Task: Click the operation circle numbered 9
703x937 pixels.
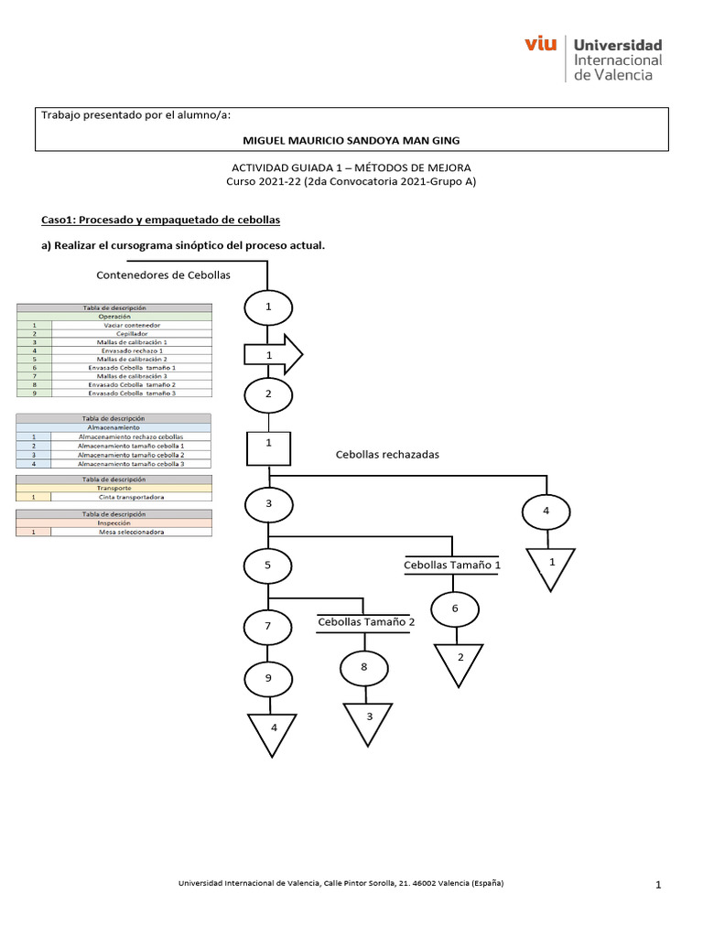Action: [268, 680]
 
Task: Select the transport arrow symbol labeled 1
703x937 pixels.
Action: [272, 354]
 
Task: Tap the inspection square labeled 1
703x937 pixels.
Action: [268, 448]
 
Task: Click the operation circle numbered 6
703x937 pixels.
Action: [455, 609]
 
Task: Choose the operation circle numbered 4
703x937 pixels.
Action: [546, 511]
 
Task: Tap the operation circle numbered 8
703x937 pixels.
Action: [363, 668]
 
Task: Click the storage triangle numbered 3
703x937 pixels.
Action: [369, 720]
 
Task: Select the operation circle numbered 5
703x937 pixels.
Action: [268, 565]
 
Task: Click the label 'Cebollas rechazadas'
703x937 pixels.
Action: [388, 454]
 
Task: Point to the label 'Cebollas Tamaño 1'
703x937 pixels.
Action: [452, 565]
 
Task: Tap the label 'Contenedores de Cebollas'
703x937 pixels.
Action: [163, 275]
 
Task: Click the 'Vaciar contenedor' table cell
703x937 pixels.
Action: [131, 325]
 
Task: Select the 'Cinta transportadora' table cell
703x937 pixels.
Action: [131, 497]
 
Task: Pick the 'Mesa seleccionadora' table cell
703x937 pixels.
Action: [131, 532]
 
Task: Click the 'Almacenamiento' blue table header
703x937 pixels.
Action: [114, 427]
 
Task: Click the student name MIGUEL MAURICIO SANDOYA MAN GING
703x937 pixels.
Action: [351, 140]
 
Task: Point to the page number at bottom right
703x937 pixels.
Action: [658, 886]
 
